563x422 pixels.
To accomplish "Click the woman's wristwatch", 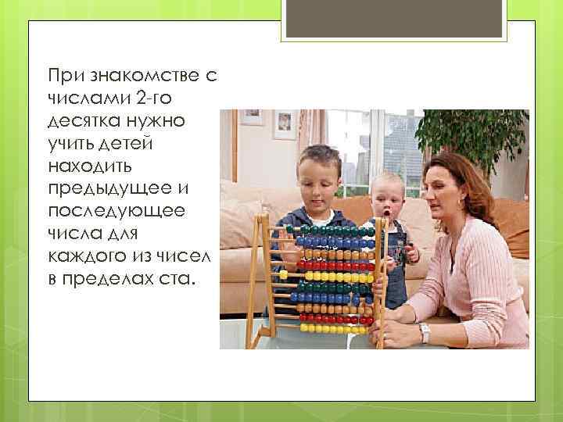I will pos(425,333).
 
